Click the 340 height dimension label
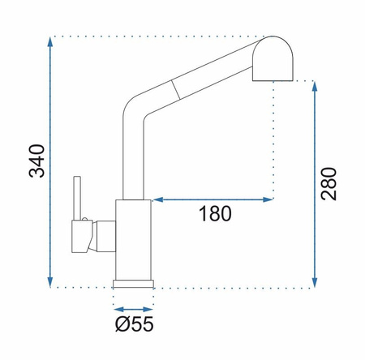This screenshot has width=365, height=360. (x=36, y=161)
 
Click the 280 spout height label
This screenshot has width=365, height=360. (x=328, y=184)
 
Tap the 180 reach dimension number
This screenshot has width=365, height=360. (x=215, y=214)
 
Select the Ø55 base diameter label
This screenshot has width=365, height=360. (x=135, y=324)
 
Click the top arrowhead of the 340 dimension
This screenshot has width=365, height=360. (x=49, y=42)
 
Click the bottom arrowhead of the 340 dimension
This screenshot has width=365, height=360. (x=49, y=282)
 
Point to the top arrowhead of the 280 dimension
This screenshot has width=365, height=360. (x=314, y=87)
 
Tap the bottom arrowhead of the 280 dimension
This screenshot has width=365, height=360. (x=314, y=282)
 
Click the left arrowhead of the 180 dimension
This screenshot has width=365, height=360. (x=157, y=199)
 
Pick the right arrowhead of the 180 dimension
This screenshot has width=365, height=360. (x=268, y=199)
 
